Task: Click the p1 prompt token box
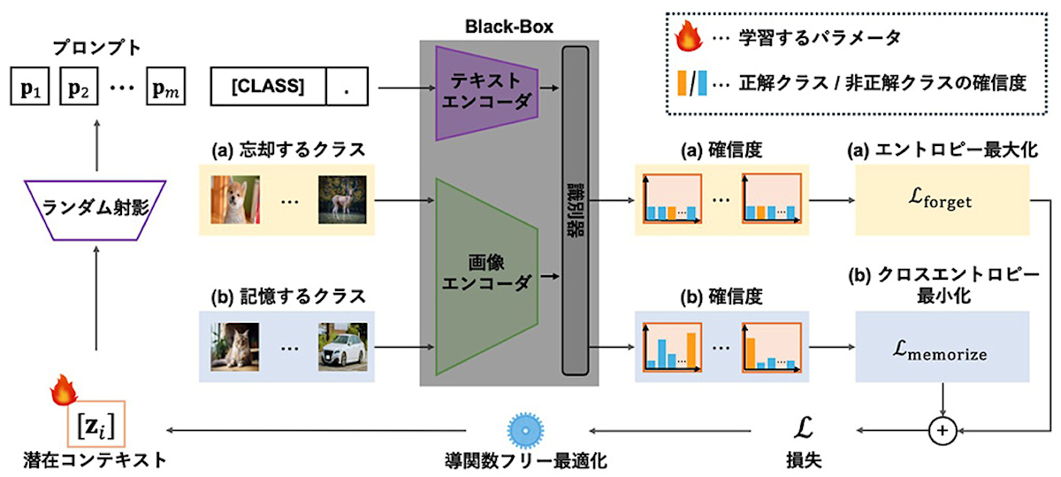point(30,87)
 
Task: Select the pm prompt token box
point(166,87)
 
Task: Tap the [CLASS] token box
point(268,87)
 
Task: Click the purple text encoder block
point(487,93)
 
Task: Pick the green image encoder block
point(487,276)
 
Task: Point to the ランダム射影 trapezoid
point(95,210)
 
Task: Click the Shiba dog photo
point(235,200)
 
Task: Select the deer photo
point(342,200)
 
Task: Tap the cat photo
point(235,347)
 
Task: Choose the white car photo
point(343,347)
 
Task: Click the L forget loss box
point(943,200)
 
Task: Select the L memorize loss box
point(943,347)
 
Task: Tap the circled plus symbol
point(943,430)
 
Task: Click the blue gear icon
point(525,430)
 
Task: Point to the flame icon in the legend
point(689,36)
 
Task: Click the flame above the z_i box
point(64,389)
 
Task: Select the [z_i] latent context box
point(96,424)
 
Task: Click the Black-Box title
point(509,27)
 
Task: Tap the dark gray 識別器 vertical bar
point(576,211)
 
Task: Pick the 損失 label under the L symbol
point(805,459)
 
